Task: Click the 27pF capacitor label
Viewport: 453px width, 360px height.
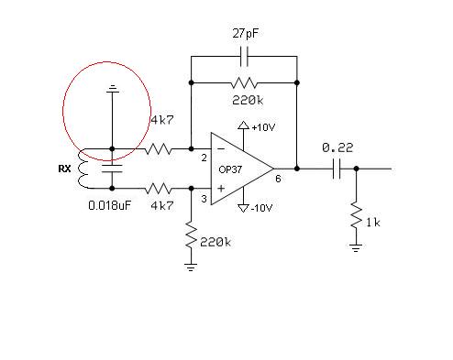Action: click(245, 34)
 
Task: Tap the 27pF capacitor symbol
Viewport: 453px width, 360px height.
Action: click(244, 57)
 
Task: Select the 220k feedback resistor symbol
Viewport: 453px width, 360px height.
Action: click(244, 82)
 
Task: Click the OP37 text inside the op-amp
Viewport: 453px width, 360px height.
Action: click(230, 169)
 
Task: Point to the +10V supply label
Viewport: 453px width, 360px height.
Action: click(263, 127)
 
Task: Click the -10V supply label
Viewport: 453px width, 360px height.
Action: click(261, 208)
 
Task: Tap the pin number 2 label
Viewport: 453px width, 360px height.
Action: click(204, 158)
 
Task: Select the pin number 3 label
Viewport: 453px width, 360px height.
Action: click(204, 199)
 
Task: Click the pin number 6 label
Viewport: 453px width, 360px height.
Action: click(278, 179)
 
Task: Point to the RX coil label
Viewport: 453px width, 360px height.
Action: click(64, 169)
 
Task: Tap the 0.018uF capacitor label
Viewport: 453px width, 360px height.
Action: click(109, 205)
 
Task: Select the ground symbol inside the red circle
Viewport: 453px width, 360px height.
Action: click(112, 89)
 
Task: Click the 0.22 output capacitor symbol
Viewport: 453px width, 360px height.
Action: click(337, 169)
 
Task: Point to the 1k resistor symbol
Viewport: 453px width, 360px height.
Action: click(357, 214)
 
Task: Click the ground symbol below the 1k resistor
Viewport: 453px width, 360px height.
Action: click(356, 247)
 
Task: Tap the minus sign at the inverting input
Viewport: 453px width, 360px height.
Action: click(221, 149)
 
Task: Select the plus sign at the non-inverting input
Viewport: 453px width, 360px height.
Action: click(221, 189)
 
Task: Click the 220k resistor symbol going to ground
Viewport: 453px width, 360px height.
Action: click(191, 235)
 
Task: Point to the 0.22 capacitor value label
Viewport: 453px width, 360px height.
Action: click(337, 148)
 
